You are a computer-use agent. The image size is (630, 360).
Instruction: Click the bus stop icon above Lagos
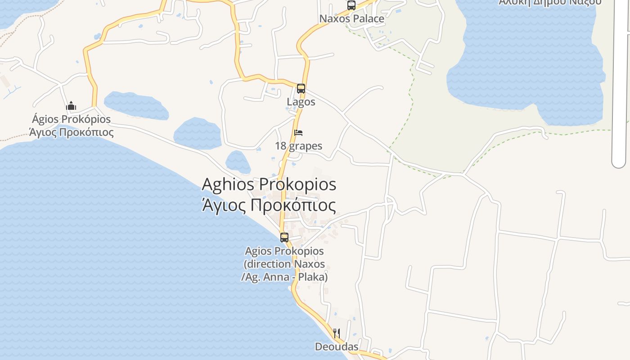point(301,89)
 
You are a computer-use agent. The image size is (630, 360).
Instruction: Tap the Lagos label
point(301,102)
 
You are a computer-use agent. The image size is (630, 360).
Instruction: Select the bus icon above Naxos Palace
point(351,5)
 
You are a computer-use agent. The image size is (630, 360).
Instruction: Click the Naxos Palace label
point(352,19)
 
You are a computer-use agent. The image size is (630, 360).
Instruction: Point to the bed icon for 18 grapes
point(298,133)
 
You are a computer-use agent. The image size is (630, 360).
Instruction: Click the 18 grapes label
point(299,146)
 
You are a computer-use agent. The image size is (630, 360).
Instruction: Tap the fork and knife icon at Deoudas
point(337,333)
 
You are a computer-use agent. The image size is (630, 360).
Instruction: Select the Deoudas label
point(337,346)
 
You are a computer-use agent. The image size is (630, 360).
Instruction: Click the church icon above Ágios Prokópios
point(71,106)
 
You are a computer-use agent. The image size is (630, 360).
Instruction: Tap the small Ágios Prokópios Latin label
point(71,119)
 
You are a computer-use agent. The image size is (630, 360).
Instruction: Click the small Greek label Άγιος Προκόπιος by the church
point(71,132)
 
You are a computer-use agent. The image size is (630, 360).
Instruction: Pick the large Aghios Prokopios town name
point(269,184)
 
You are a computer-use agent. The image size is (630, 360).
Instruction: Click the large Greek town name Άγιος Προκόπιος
point(269,205)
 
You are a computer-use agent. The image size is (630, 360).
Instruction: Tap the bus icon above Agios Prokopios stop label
point(284,237)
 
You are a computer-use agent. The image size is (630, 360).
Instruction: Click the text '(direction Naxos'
point(284,264)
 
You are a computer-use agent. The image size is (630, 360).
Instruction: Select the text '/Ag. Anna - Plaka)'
point(284,277)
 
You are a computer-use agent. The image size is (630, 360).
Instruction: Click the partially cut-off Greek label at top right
point(550,2)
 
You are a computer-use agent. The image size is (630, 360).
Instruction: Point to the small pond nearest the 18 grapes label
point(238,162)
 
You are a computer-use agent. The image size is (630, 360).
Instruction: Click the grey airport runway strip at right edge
point(619,90)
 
